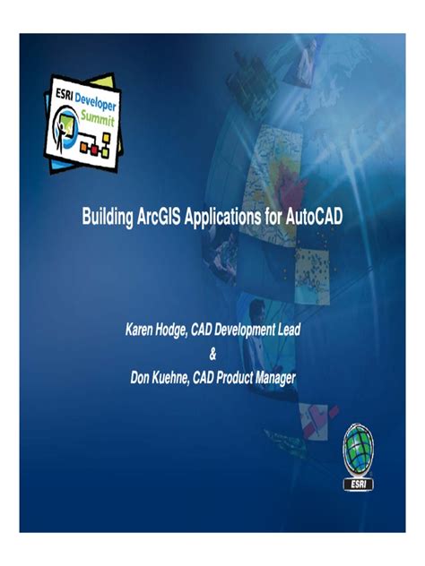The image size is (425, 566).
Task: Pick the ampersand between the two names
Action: click(x=212, y=354)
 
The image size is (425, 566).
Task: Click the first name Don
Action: click(x=142, y=377)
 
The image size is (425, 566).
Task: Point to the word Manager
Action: click(x=279, y=377)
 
